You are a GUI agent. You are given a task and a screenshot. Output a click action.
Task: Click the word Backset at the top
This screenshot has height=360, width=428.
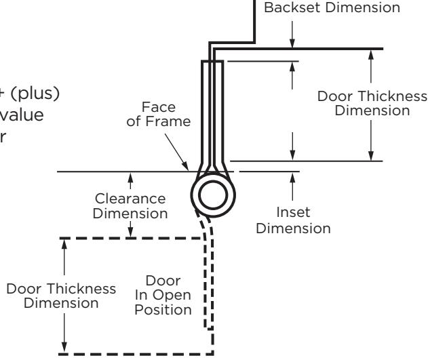292,7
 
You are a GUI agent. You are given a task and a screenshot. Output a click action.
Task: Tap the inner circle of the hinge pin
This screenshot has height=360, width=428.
213,182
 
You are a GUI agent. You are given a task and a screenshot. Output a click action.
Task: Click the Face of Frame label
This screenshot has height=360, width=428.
158,115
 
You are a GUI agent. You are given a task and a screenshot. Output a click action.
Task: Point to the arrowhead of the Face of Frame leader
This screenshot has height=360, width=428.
185,166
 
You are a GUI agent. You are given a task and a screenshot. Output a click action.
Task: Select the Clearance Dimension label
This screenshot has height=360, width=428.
130,206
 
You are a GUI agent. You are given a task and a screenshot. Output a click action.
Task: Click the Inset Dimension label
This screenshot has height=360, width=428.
293,220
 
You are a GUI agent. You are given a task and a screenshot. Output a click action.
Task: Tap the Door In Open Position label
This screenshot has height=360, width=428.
163,296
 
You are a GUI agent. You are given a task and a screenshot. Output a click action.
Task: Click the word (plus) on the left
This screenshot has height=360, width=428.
35,94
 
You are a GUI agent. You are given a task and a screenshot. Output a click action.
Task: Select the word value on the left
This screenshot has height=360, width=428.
22,115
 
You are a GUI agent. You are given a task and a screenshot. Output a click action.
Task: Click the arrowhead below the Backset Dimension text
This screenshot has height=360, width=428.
292,43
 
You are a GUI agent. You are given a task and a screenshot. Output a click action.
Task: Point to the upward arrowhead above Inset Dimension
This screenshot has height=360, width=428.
292,177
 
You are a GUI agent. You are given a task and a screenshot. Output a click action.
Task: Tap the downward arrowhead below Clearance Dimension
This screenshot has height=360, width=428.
130,232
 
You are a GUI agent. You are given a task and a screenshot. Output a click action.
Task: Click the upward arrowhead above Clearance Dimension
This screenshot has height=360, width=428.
130,177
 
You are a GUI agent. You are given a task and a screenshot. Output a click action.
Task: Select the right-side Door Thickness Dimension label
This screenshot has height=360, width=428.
372,104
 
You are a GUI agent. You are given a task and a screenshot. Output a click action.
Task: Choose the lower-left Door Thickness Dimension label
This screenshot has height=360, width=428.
61,296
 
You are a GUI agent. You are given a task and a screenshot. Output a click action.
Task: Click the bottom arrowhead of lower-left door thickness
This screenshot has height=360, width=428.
64,347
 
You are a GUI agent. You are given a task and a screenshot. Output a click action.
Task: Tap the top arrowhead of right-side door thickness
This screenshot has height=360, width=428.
370,54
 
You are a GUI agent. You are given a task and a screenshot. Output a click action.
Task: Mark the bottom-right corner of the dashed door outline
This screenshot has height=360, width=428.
212,354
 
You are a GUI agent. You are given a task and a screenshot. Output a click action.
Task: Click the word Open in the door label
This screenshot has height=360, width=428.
172,296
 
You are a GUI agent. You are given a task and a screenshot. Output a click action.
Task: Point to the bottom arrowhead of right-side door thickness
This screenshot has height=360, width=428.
370,156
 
